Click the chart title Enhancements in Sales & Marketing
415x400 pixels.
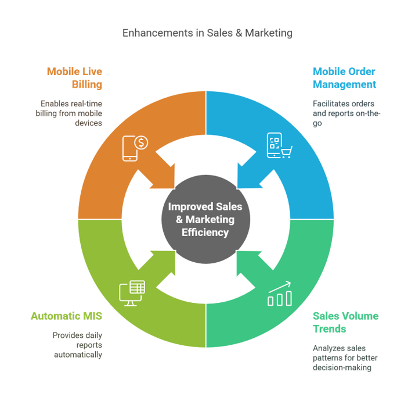207,33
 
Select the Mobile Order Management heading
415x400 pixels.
344,78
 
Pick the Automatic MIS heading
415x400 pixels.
67,316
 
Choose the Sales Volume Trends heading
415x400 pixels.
345,322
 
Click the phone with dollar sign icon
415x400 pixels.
135,147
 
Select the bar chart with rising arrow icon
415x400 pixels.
279,294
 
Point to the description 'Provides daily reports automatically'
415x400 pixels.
77,345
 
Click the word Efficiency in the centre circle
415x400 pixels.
205,232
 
